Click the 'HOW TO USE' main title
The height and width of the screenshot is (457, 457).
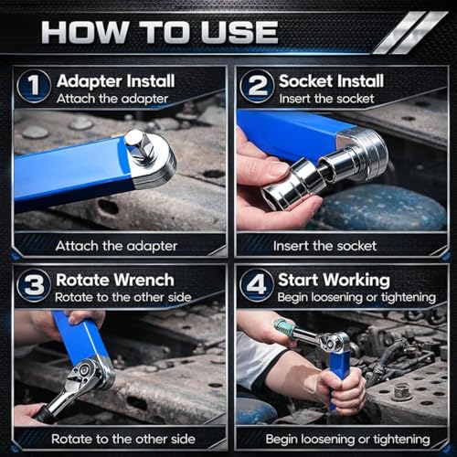pyautogui.click(x=160, y=32)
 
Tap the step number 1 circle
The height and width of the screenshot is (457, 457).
pyautogui.click(x=34, y=86)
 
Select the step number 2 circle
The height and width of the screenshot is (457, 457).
pyautogui.click(x=257, y=86)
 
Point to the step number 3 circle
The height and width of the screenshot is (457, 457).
pyautogui.click(x=34, y=285)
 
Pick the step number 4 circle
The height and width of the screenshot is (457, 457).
pyautogui.click(x=257, y=285)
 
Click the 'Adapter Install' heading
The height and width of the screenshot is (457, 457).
pyautogui.click(x=116, y=81)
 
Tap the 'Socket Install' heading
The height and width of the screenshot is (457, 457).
pyautogui.click(x=331, y=81)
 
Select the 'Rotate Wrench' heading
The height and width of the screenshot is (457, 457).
pyautogui.click(x=115, y=280)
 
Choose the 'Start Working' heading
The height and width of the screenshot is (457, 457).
pyautogui.click(x=334, y=281)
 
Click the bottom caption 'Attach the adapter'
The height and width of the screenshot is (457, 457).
pyautogui.click(x=116, y=246)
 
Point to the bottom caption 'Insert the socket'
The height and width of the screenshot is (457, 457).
pyautogui.click(x=324, y=246)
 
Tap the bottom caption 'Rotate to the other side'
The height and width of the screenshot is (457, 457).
pyautogui.click(x=123, y=439)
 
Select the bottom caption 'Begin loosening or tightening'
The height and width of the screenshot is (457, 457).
pyautogui.click(x=348, y=440)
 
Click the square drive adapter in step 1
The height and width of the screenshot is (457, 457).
pyautogui.click(x=139, y=146)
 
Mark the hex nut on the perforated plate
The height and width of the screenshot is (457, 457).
pyautogui.click(x=400, y=392)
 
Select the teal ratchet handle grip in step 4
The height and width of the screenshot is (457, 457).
pyautogui.click(x=285, y=327)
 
